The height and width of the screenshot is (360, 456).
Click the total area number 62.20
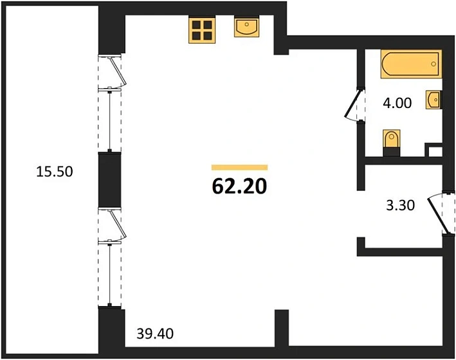(239, 186)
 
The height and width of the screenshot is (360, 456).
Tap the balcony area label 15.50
(55, 171)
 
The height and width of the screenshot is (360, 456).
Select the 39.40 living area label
(155, 334)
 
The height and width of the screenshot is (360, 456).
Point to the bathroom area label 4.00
(397, 103)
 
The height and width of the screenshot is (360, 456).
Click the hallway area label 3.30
(400, 205)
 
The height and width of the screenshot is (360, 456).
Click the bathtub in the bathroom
(411, 64)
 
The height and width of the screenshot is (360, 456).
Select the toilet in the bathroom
(392, 138)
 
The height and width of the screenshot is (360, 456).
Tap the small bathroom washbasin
(433, 100)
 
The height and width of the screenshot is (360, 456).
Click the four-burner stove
(202, 30)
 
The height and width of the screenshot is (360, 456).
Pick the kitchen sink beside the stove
(246, 28)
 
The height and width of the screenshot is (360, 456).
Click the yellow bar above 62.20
(239, 167)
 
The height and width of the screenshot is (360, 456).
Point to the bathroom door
(352, 104)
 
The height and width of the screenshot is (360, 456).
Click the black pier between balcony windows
(109, 180)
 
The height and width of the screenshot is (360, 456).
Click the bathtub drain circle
(433, 64)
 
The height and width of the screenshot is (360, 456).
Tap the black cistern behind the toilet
(392, 152)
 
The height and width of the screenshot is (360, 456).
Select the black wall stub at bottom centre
(282, 328)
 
